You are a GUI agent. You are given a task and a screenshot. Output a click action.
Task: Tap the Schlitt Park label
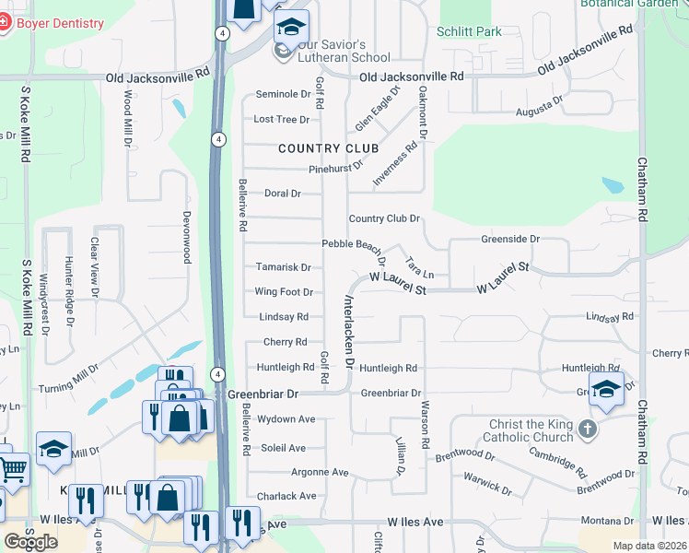pos(470,31)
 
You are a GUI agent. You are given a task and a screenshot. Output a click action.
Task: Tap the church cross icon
pos(588,429)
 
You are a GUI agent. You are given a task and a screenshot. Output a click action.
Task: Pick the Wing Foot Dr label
pos(284,292)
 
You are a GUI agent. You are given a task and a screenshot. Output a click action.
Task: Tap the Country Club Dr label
pos(384,218)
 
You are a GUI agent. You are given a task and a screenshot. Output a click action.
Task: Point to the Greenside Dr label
pos(510,239)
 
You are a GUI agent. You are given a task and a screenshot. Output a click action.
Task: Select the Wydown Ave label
pos(286,419)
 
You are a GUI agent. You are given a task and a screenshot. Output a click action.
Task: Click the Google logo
pos(30,541)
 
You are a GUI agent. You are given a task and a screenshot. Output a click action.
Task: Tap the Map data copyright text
pos(649,546)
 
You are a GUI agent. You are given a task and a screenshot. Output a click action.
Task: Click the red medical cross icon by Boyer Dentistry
pos(4,23)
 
